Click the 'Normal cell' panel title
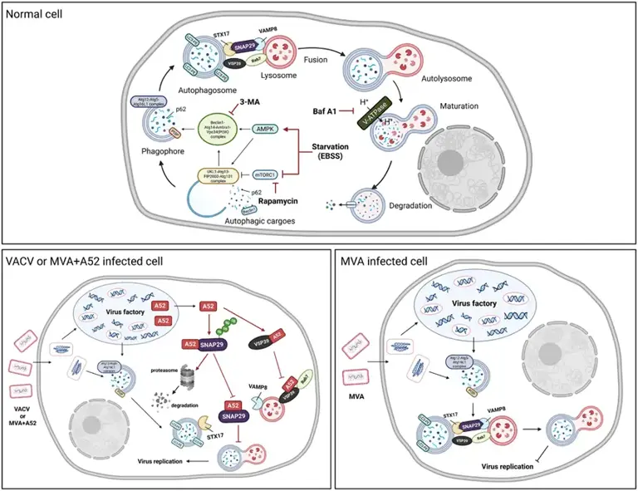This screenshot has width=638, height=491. [34, 14]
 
